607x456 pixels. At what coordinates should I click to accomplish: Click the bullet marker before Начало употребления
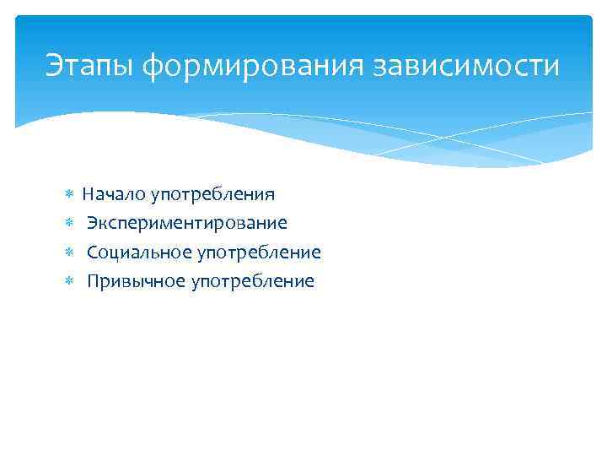[x=70, y=195]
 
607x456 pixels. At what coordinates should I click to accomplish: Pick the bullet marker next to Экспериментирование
[x=70, y=224]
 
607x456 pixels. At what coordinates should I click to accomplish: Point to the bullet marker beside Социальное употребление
[x=70, y=252]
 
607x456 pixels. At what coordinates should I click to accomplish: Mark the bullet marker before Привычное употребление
[x=70, y=281]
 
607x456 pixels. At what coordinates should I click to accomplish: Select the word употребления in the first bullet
[x=212, y=196]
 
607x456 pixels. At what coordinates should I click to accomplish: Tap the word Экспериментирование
[x=186, y=224]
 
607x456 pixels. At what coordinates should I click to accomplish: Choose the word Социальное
[x=138, y=252]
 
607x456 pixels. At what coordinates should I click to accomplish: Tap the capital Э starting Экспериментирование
[x=92, y=223]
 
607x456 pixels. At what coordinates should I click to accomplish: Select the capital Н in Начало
[x=88, y=194]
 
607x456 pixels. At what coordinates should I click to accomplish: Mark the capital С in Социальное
[x=92, y=252]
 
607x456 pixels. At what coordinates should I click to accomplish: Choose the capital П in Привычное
[x=93, y=281]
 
